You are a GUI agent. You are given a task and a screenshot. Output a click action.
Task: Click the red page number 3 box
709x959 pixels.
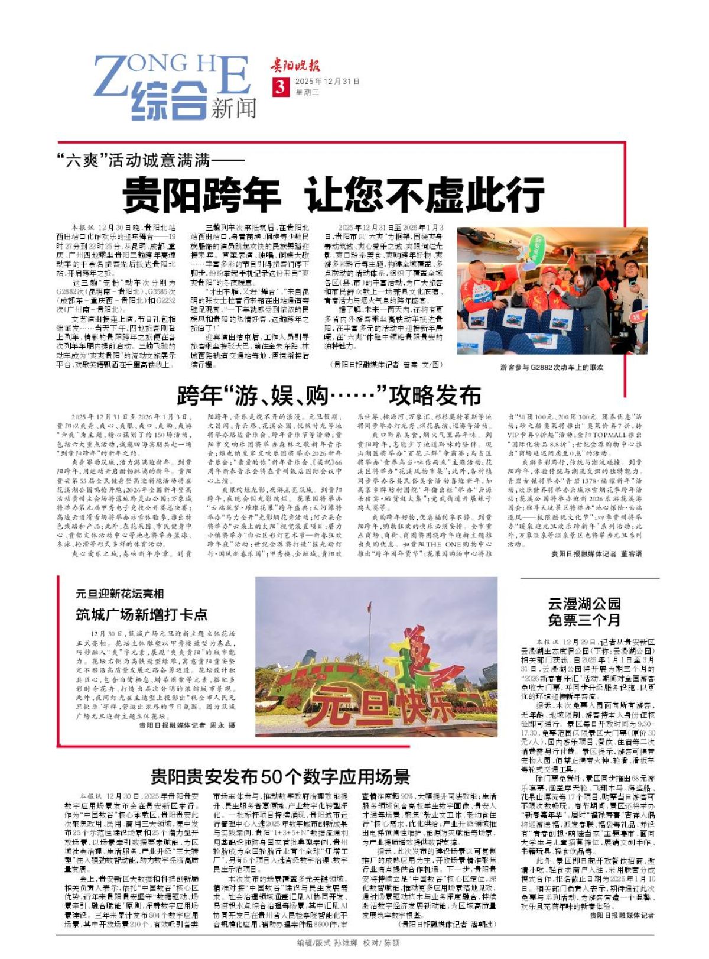pos(279,87)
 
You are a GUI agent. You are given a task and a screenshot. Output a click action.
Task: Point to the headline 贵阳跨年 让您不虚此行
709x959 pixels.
pos(333,194)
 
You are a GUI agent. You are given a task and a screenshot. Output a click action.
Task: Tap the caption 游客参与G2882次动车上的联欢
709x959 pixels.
pos(552,367)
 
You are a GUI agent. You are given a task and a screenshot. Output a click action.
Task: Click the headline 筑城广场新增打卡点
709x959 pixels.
pos(142,615)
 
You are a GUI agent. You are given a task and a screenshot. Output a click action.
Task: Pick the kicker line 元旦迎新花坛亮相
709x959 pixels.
pos(119,594)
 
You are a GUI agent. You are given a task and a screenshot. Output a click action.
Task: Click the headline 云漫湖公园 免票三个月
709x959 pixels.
pos(584,612)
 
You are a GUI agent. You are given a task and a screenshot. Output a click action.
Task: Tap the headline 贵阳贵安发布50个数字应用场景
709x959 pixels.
pos(280,776)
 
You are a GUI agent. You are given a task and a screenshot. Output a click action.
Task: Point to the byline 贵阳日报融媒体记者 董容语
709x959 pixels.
pos(596,554)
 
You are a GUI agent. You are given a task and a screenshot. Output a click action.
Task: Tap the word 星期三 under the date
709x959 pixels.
pos(307,92)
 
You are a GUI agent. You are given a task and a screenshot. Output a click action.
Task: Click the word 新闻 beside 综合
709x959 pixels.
pos(235,108)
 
